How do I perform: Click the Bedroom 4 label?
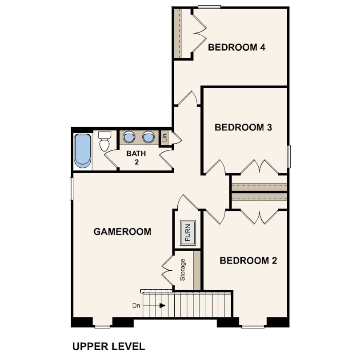click(x=236, y=47)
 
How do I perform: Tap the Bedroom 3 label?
click(x=243, y=127)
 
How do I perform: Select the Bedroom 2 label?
click(x=248, y=260)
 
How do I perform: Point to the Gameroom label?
click(x=122, y=232)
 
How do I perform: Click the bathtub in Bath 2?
click(x=83, y=151)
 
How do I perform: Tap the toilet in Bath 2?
click(x=104, y=141)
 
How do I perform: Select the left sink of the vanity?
click(x=129, y=137)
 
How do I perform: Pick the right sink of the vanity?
click(x=148, y=137)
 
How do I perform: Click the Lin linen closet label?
click(x=164, y=138)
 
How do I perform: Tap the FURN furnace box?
click(x=188, y=232)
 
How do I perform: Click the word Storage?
click(x=183, y=269)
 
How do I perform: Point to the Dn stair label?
click(x=136, y=306)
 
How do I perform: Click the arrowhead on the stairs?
click(x=163, y=306)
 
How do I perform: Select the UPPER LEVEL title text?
click(x=108, y=346)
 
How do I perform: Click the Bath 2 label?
click(x=136, y=157)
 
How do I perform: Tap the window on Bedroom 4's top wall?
click(x=209, y=7)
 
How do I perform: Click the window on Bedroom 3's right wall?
click(x=289, y=156)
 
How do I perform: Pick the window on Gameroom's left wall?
click(x=72, y=189)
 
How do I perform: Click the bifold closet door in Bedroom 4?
click(x=199, y=33)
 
